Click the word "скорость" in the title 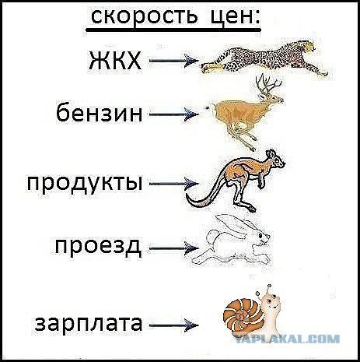click(144, 16)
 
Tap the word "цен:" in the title click(235, 17)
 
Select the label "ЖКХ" click(115, 61)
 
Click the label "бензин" click(100, 112)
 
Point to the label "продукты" click(85, 184)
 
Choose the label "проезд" click(99, 248)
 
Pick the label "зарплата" click(89, 324)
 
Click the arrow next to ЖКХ click(174, 61)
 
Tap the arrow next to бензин click(174, 114)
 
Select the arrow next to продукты click(174, 184)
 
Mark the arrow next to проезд click(174, 248)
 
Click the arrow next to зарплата click(174, 325)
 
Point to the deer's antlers click(267, 84)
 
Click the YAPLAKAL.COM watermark click(288, 339)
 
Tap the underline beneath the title click(173, 30)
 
